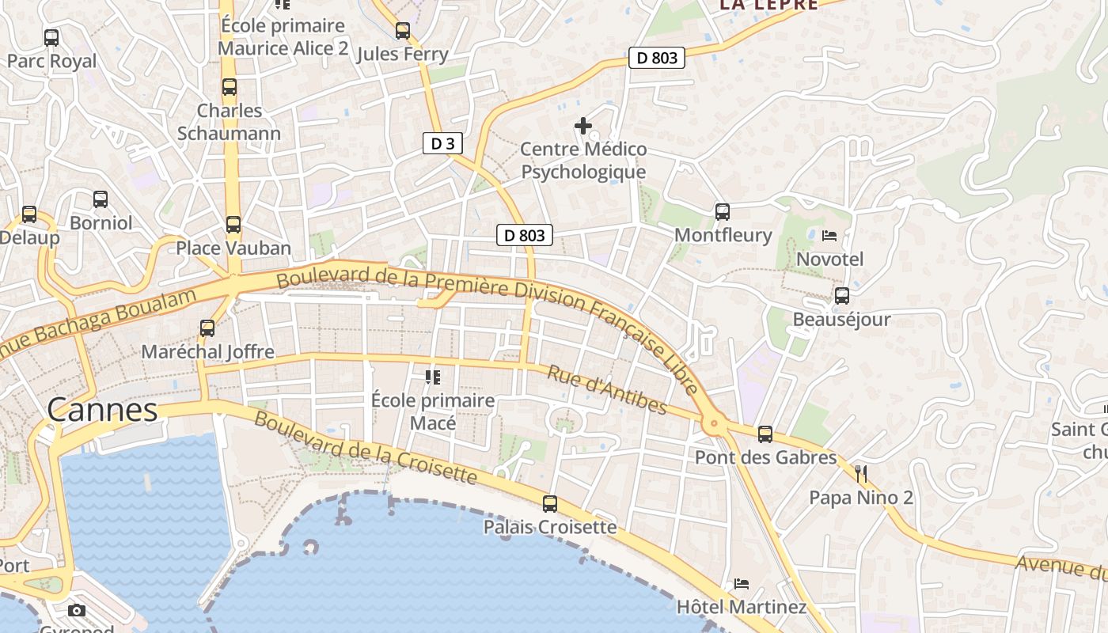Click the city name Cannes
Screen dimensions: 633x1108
pyautogui.click(x=102, y=410)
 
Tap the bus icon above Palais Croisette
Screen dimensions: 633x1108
pyautogui.click(x=549, y=504)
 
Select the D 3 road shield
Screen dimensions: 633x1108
pyautogui.click(x=442, y=143)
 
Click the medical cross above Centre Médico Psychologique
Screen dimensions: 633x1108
pyautogui.click(x=583, y=126)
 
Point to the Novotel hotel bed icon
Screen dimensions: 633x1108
pyautogui.click(x=829, y=236)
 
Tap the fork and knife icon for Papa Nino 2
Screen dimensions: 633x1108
pyautogui.click(x=861, y=474)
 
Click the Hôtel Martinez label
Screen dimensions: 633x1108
pyautogui.click(x=741, y=607)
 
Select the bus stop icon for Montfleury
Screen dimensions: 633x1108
pyautogui.click(x=722, y=212)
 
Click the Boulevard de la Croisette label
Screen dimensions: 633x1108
pyautogui.click(x=366, y=449)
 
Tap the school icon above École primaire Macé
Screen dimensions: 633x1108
pyautogui.click(x=432, y=377)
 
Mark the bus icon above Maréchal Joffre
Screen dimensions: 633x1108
pyautogui.click(x=207, y=328)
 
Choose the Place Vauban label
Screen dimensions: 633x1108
pyautogui.click(x=233, y=248)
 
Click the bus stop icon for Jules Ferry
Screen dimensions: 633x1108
pyautogui.click(x=403, y=31)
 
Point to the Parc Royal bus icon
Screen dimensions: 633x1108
pyautogui.click(x=51, y=38)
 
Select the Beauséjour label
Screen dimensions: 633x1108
pyautogui.click(x=841, y=320)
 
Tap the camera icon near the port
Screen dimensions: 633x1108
pyautogui.click(x=77, y=610)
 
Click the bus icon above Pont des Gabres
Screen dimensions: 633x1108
pyautogui.click(x=765, y=434)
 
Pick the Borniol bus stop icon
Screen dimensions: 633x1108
pyautogui.click(x=101, y=199)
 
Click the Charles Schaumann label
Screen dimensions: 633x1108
pyautogui.click(x=229, y=122)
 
